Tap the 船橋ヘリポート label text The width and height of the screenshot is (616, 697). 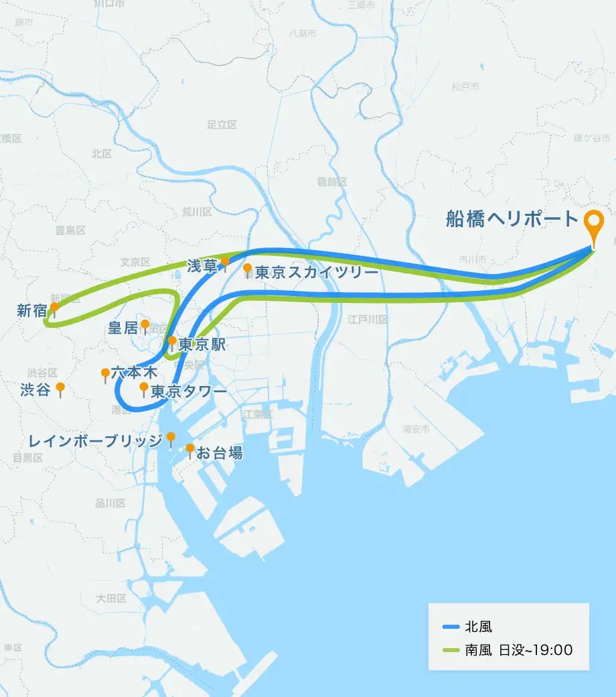click(512, 219)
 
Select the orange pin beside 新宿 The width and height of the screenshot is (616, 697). click(54, 308)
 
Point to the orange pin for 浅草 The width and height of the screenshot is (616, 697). click(226, 261)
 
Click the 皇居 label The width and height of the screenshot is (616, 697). click(123, 328)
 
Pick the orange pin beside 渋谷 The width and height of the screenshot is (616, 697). click(60, 387)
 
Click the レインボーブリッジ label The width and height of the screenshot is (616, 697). click(96, 440)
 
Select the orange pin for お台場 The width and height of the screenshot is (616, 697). click(190, 448)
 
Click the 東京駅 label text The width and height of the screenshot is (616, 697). click(202, 346)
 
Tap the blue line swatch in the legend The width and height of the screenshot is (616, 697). click(451, 627)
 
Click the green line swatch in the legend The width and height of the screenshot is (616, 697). click(451, 650)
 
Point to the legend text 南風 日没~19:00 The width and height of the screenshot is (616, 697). click(518, 650)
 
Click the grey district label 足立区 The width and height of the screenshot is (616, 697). click(222, 125)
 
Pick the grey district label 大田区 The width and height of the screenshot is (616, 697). click(111, 598)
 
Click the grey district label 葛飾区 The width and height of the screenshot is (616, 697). click(332, 182)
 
